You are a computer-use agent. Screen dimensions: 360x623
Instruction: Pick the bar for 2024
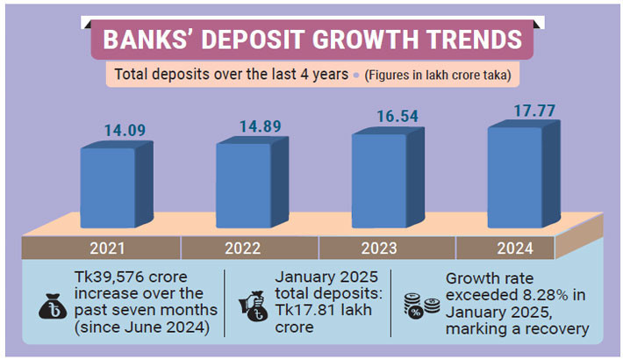(x=515, y=176)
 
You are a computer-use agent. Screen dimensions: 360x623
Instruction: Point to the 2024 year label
(x=515, y=247)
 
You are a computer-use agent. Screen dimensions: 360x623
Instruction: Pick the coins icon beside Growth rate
(x=419, y=306)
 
